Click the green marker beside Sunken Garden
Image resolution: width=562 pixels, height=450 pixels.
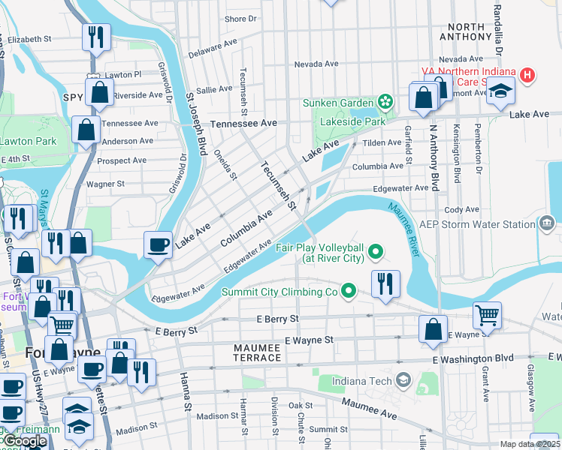coord(385,101)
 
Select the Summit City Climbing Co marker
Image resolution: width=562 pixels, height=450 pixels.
coord(348,290)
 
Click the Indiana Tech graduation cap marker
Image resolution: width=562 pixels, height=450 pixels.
coord(404,381)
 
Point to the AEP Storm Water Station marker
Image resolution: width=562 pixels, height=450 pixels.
coord(547,223)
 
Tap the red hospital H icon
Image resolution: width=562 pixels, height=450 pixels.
coord(527,75)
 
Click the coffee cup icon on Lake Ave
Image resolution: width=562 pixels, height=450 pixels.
coord(158,244)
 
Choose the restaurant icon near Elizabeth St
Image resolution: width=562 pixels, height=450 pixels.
coord(96,37)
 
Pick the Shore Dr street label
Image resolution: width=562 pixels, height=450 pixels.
coord(240,19)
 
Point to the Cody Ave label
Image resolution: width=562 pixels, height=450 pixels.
coord(461,210)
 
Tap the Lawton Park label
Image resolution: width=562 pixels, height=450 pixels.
coord(28,141)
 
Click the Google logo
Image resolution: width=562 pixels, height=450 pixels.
coord(24,441)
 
